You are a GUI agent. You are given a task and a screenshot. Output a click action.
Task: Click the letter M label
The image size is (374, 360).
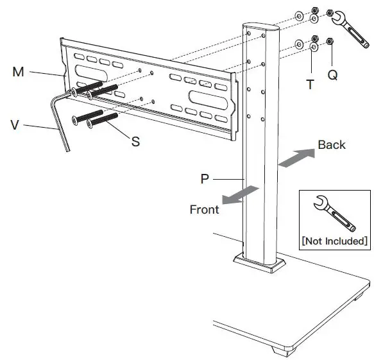tap(18, 72)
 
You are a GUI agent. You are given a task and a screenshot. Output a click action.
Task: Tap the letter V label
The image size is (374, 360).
tap(15, 124)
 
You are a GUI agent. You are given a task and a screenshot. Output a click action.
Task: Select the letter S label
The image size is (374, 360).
tap(135, 141)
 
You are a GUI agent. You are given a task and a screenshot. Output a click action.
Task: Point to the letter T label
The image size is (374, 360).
tap(310, 83)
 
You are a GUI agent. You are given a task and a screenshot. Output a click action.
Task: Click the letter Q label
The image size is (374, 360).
tap(332, 75)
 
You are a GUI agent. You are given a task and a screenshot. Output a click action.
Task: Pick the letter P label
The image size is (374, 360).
tap(205, 179)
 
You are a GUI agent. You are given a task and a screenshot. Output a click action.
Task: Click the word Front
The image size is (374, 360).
tap(204, 209)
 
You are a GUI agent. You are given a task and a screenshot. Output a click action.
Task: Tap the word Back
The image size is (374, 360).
tap(331, 144)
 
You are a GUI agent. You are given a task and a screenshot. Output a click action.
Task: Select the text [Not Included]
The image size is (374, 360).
tap(334, 241)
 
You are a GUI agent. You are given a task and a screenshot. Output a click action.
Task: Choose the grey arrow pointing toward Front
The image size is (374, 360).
tap(242, 195)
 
